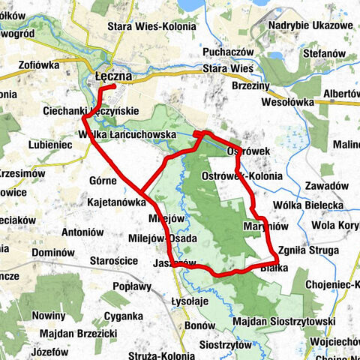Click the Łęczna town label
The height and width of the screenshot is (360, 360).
point(114,76)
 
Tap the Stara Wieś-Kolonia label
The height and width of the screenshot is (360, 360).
point(151,26)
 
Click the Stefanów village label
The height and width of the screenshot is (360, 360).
point(323,54)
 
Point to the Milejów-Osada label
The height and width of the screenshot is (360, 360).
point(163,238)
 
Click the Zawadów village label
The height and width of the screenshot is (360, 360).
point(318,185)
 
